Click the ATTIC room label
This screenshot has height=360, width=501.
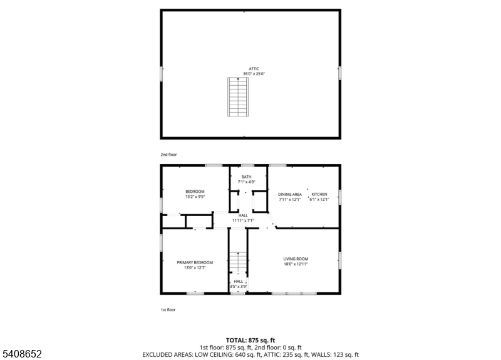click(254, 69)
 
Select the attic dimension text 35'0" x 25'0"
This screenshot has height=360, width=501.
click(254, 74)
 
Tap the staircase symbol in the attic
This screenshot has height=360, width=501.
click(238, 96)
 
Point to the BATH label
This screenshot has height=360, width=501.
click(247, 177)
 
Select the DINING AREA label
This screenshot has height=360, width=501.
click(290, 195)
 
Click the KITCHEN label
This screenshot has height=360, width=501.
click(319, 195)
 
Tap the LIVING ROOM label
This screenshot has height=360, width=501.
click(296, 259)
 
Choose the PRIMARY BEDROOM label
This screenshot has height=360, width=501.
click(195, 262)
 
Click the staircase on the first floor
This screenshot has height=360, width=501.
click(237, 262)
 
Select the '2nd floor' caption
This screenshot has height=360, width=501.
click(168, 154)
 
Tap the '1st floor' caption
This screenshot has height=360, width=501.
click(168, 309)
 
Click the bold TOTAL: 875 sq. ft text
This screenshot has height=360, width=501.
click(250, 340)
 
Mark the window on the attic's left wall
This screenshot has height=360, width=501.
click(162, 74)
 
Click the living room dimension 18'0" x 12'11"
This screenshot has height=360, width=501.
click(296, 264)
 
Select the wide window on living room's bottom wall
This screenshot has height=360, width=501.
click(294, 292)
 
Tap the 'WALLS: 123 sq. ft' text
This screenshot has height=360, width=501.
click(336, 354)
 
